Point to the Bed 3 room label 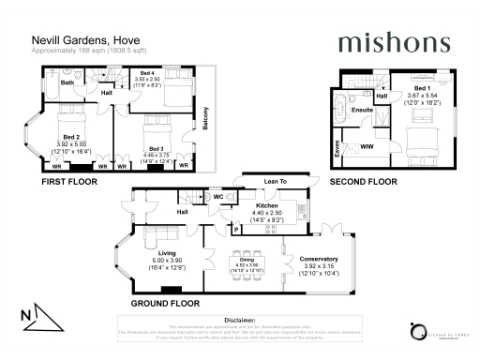point(155,150)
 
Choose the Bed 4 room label point(146,72)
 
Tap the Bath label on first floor point(67,83)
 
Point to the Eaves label point(336,146)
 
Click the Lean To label point(276,182)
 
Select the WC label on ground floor point(217,197)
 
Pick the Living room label point(168,254)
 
